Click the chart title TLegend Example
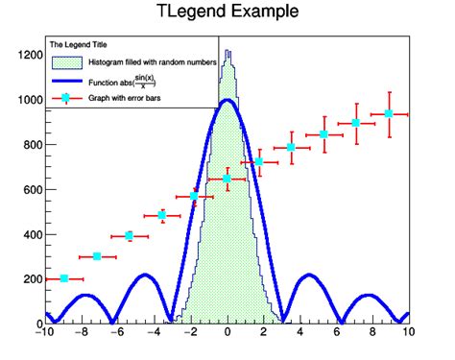coord(227,12)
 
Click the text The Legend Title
coord(79,45)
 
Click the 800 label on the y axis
coord(25,145)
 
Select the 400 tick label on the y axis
coord(25,234)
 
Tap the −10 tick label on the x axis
coord(42,333)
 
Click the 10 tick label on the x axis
coord(408,333)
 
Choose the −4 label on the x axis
coord(153,333)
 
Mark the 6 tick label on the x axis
coord(335,333)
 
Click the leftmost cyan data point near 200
coord(64,278)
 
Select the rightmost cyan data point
coord(389,114)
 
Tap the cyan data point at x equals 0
coord(227,179)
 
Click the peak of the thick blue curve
coord(227,100)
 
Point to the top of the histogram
coord(227,53)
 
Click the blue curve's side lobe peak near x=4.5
coord(309,276)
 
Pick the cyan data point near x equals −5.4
coord(129,235)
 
